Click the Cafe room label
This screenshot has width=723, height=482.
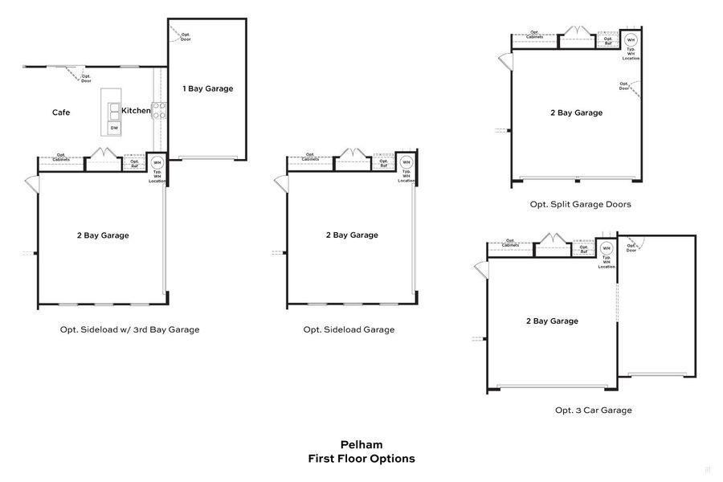[61, 112]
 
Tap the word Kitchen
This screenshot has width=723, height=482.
[136, 111]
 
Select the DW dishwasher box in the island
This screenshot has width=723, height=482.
[114, 128]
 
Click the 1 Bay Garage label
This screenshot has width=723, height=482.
[208, 88]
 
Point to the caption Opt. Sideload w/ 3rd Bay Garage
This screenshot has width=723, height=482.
[129, 329]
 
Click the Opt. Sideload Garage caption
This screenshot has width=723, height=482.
[349, 329]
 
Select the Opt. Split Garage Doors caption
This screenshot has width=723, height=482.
[580, 204]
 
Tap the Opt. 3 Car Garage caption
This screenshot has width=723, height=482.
[593, 410]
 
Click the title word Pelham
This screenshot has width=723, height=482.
[361, 444]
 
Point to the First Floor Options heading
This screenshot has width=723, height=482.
[361, 459]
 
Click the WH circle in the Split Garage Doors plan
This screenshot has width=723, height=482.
[631, 39]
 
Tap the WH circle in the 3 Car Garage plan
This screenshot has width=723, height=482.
[607, 248]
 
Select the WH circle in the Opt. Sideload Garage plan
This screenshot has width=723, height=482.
[406, 161]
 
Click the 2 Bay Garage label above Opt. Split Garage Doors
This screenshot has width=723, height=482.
[576, 113]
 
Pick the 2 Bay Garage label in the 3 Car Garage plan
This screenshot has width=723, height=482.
[552, 321]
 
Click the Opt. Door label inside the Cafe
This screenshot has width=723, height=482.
[86, 79]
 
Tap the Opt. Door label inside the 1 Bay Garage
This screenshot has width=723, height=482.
[185, 37]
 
